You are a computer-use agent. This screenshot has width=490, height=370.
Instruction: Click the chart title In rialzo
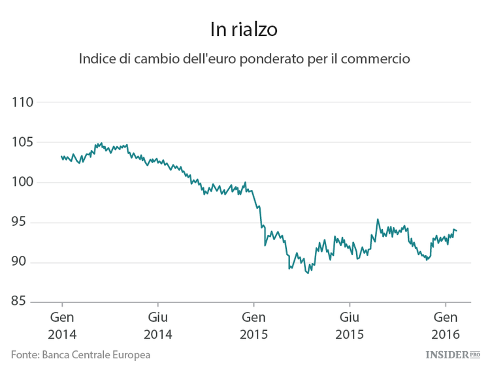point(244,29)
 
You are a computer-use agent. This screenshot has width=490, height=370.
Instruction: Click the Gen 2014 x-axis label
point(62,326)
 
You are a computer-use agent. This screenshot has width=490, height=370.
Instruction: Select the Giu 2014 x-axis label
point(157,326)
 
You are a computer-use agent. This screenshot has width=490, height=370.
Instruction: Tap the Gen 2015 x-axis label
point(253,326)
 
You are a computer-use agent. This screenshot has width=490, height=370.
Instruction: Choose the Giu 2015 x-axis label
point(350,326)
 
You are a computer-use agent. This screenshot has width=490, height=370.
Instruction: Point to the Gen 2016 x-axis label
point(446,326)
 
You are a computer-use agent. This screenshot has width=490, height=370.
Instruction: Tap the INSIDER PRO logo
point(452,355)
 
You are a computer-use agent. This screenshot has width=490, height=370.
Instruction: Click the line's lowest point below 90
point(308,273)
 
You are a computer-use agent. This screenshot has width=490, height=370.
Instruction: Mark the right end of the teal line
point(457,231)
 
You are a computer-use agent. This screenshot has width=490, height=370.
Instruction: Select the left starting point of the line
point(61,156)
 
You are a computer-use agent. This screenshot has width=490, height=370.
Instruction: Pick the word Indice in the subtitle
point(97,59)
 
